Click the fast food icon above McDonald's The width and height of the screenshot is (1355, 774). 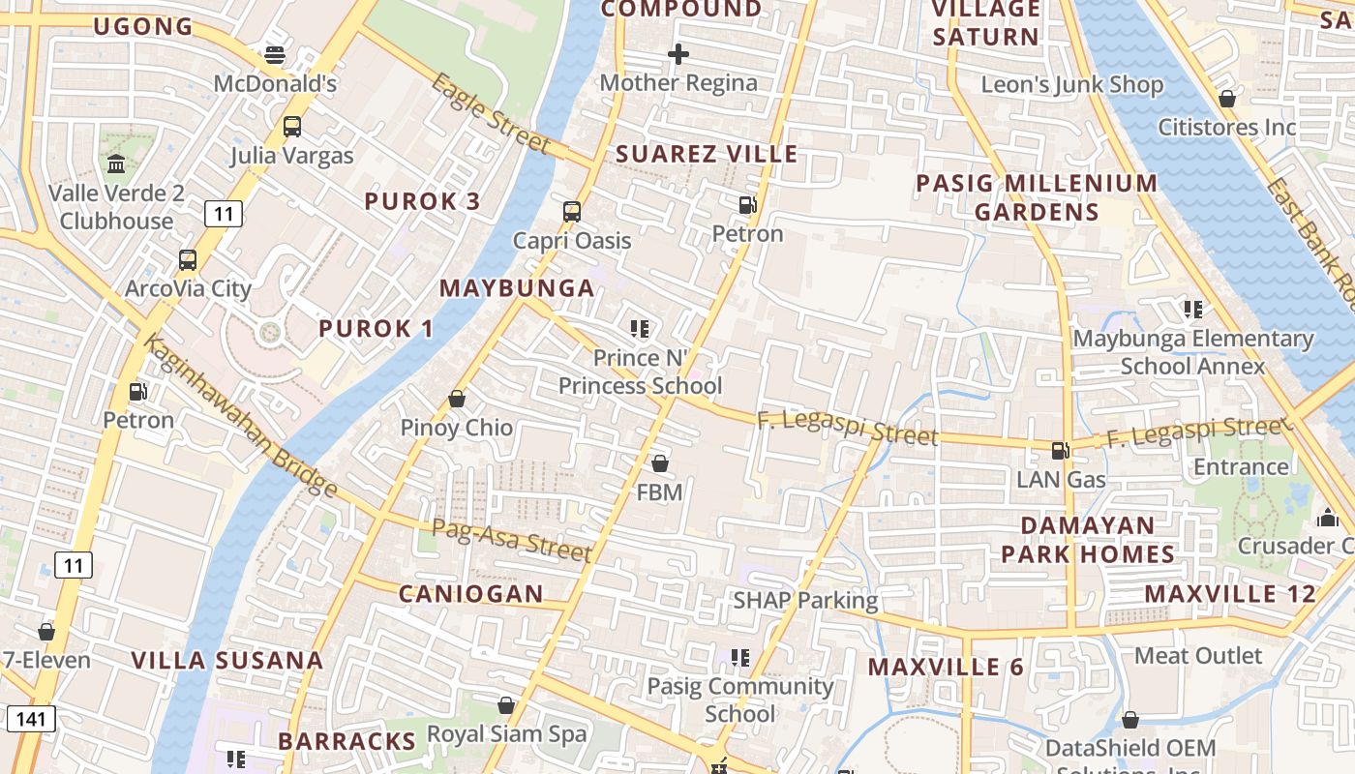click(275, 55)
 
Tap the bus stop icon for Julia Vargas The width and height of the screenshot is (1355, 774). click(291, 127)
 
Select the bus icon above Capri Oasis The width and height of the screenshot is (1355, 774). click(572, 212)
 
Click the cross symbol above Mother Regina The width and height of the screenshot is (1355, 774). click(678, 54)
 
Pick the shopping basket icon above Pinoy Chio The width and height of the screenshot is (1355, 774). click(457, 399)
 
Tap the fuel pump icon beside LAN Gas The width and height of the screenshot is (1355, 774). click(1061, 450)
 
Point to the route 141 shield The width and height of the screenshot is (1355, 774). click(31, 718)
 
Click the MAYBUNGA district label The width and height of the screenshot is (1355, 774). click(517, 288)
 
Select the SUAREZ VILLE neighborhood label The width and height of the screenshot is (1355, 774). click(707, 154)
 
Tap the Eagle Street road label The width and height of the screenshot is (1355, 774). click(491, 114)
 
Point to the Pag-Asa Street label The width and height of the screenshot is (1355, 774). click(510, 540)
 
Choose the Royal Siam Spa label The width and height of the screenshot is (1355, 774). click(507, 734)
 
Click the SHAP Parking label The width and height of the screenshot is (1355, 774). click(805, 600)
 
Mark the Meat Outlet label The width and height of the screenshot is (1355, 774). click(1198, 656)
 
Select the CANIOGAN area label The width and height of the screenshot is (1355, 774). click(471, 594)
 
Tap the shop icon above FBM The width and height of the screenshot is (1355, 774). click(659, 464)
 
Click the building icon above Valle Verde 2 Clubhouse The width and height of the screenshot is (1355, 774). click(117, 164)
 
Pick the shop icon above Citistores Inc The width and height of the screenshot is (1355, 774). click(1226, 99)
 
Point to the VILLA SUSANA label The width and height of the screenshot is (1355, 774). click(226, 661)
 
